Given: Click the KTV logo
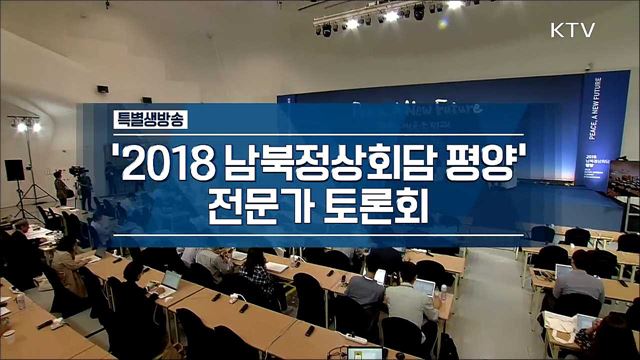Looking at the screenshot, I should pos(573,30).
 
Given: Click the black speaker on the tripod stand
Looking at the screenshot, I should pos(15,171).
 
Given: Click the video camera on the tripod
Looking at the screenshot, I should pos(76,172).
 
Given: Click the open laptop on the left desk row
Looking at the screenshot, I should pos(172,279).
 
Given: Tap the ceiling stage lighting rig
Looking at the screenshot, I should pos(385,14).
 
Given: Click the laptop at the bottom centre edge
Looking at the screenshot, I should pos(365,353).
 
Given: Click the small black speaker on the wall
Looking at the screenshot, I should pos(102,90).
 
